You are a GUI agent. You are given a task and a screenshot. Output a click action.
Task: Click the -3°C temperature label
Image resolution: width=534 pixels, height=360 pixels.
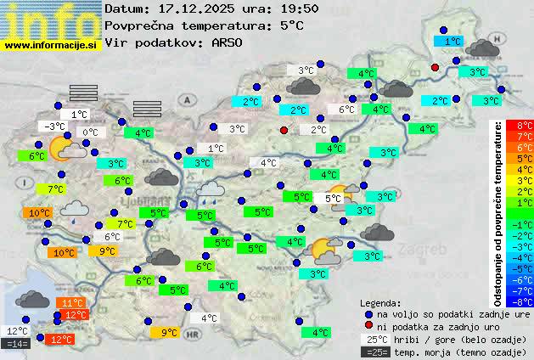(54, 127)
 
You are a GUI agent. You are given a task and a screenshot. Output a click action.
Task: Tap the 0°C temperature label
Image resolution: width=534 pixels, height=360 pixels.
(90, 132)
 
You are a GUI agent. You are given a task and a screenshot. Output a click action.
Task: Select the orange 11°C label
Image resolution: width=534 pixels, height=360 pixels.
(71, 303)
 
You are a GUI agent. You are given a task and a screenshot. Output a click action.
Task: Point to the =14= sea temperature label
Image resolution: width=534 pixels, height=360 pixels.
(17, 344)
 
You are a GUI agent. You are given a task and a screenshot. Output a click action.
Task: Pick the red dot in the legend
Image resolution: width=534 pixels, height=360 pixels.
(368, 326)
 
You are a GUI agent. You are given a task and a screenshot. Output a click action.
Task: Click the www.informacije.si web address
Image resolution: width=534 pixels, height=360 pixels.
(51, 44)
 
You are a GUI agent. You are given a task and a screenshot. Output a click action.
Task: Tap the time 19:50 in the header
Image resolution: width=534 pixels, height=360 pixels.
(299, 8)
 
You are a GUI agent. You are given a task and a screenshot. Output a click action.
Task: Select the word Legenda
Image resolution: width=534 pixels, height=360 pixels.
(381, 302)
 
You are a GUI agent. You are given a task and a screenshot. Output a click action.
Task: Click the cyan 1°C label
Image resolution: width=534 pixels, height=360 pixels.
(452, 41)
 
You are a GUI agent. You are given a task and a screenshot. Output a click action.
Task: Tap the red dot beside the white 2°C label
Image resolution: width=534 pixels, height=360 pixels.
(284, 130)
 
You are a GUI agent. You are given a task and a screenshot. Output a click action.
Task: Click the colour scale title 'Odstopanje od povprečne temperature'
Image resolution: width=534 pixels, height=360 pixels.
(499, 212)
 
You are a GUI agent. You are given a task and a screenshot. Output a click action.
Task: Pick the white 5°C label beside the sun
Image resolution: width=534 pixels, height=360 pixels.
(334, 199)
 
